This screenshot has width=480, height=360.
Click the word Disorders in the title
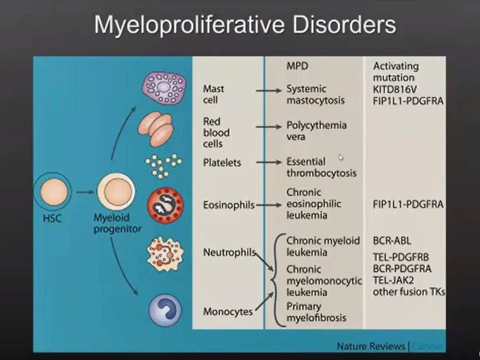coord(344,24)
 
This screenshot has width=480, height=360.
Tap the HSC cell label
coord(52,218)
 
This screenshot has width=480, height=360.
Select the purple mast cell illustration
coord(164,88)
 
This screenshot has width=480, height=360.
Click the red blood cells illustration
coord(155,129)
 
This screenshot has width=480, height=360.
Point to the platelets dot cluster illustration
coord(163,166)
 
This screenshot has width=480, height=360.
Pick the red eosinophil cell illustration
coord(165,205)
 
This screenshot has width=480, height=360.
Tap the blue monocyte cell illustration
coord(165,310)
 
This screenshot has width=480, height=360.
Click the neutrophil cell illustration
coord(165,254)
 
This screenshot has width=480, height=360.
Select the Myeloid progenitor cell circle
coord(116,191)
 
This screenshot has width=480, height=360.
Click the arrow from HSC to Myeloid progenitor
coord(85,192)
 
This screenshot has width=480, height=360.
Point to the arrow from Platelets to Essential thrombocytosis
coord(269,162)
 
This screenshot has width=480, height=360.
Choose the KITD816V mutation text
coord(394,89)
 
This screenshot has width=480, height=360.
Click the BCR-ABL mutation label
coord(392,240)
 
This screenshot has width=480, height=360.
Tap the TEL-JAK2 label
coord(393,280)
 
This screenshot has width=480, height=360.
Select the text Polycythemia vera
coord(316,130)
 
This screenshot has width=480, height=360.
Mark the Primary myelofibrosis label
coord(316,312)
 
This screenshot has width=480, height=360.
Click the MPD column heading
coord(297,66)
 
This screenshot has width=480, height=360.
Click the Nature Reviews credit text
coord(370,346)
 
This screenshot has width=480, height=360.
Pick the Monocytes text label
coord(228,311)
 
